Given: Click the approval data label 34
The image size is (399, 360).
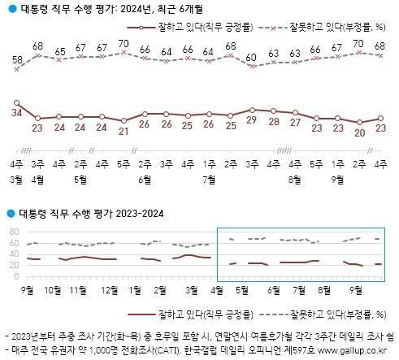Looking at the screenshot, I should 16,111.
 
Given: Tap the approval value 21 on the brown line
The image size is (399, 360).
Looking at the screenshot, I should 124,131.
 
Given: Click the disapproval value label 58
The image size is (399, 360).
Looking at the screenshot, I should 16,60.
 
